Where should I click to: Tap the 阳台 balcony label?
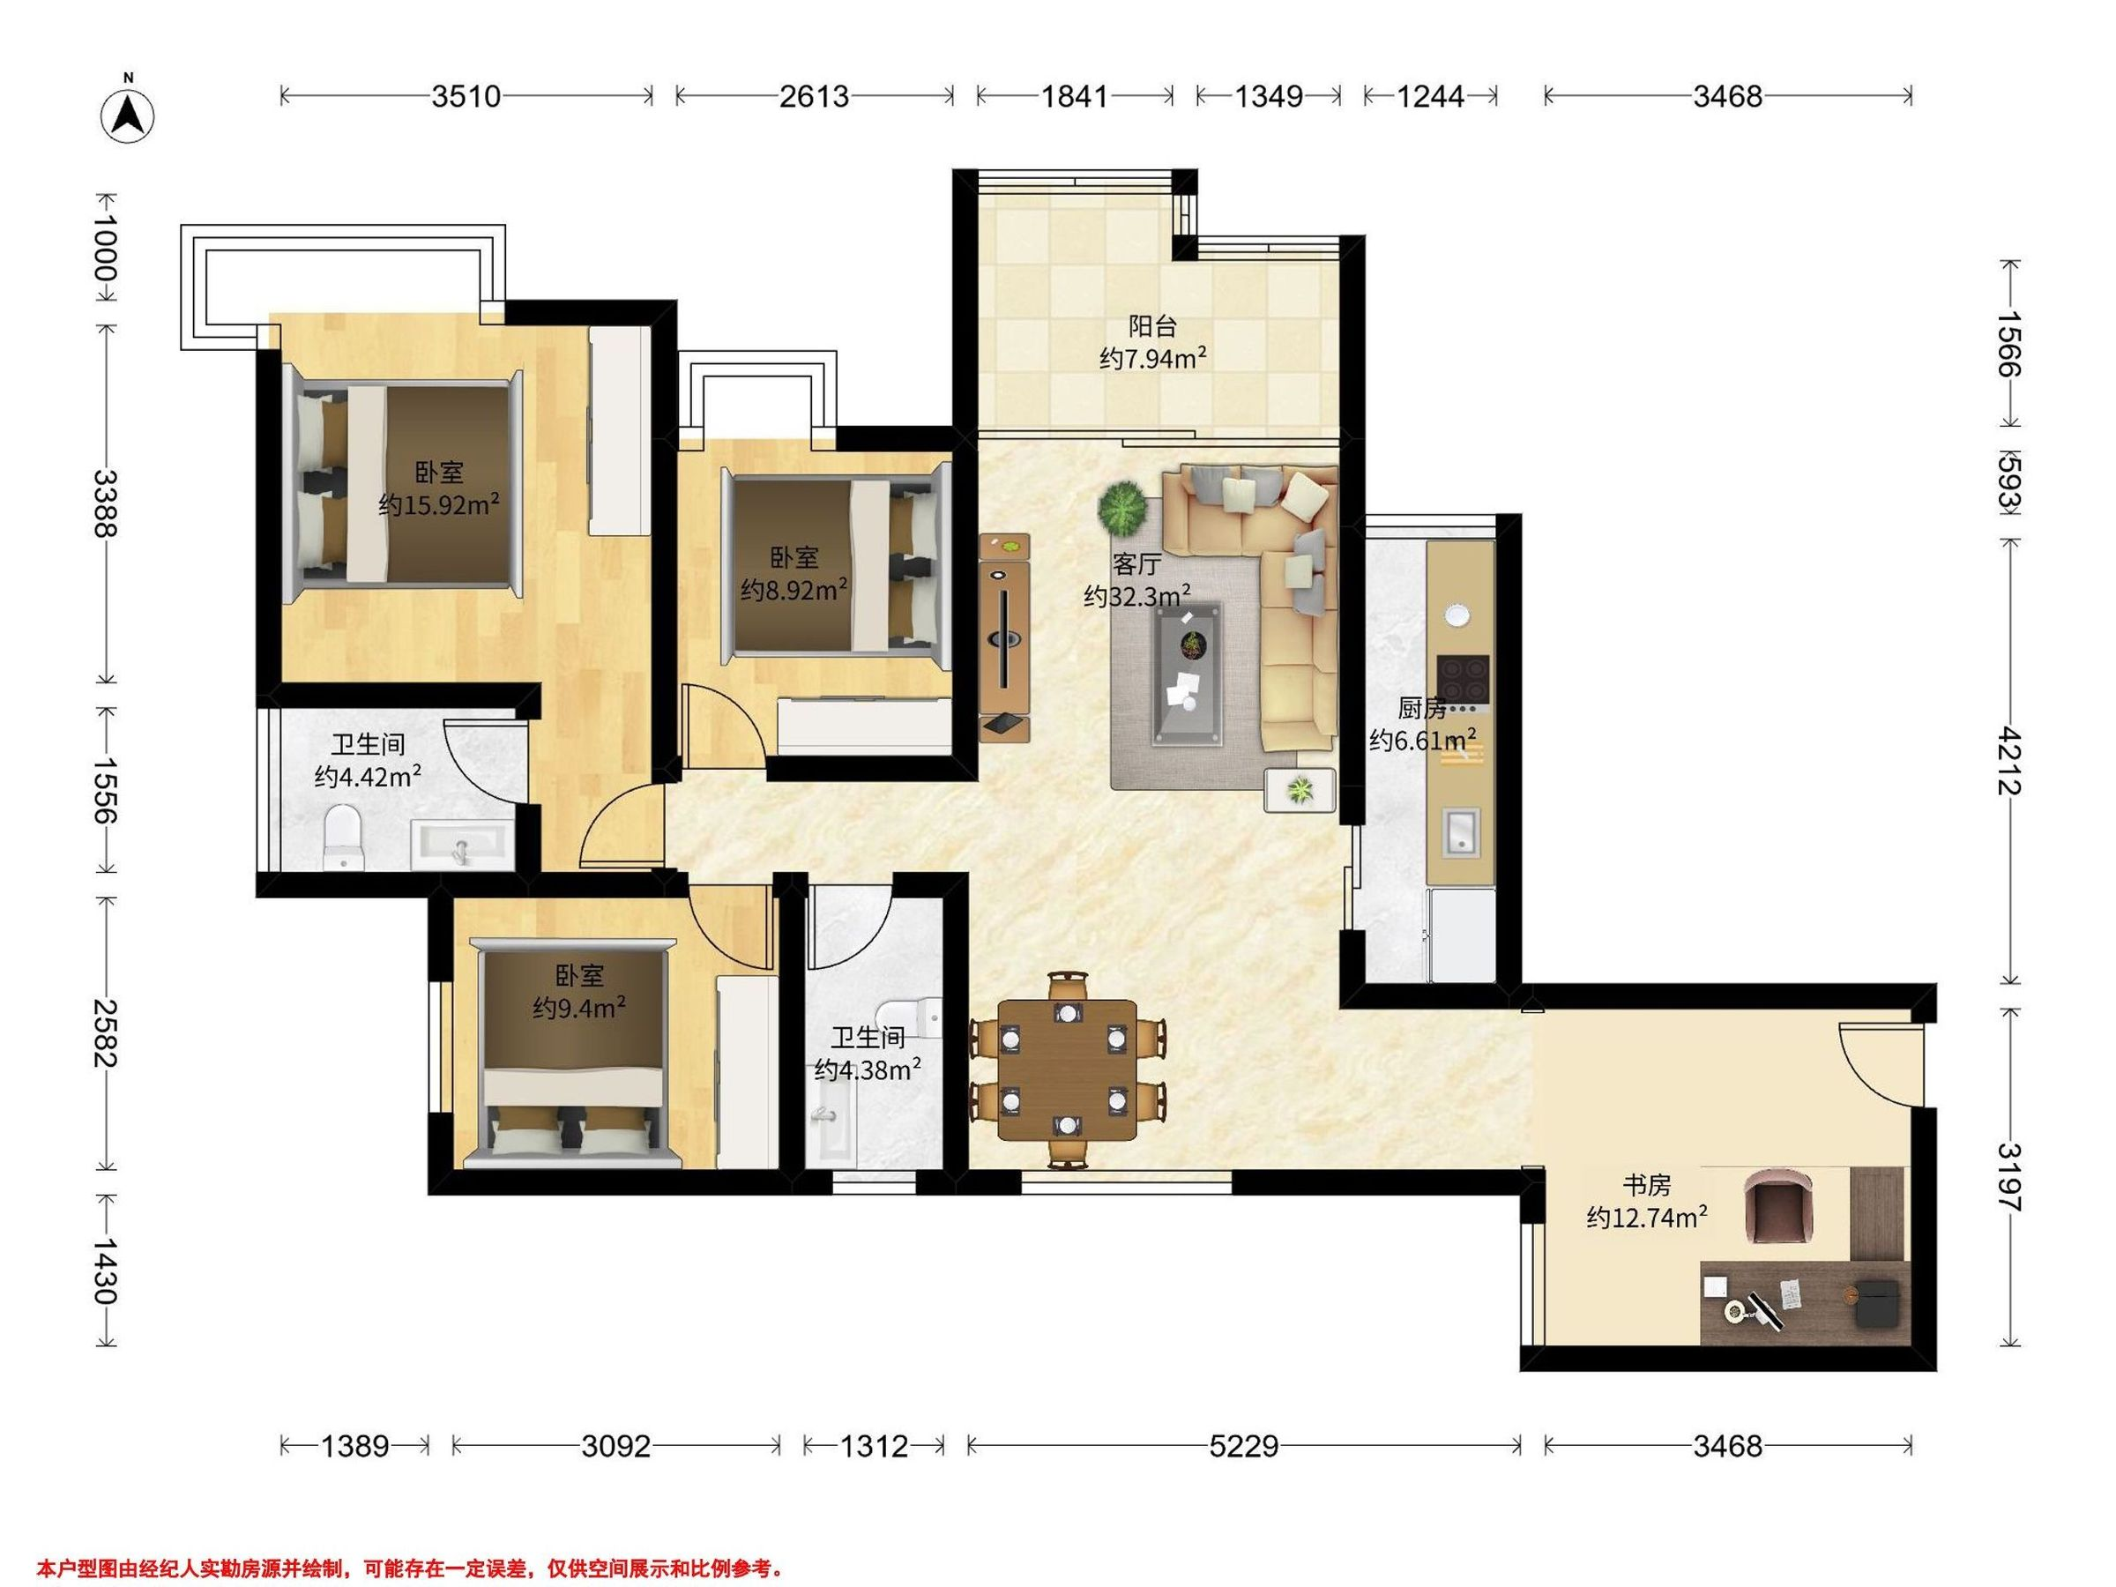(1151, 327)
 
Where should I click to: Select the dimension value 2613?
(814, 97)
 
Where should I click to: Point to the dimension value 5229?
(1243, 1447)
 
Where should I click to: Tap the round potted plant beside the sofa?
(1122, 508)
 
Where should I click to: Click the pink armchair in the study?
(1779, 1208)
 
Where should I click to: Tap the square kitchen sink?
(1461, 830)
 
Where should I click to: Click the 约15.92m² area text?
(439, 504)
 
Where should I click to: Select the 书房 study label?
(1646, 1186)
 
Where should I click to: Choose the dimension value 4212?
(2011, 762)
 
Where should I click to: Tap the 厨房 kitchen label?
(1422, 709)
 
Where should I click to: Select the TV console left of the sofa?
(1004, 638)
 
